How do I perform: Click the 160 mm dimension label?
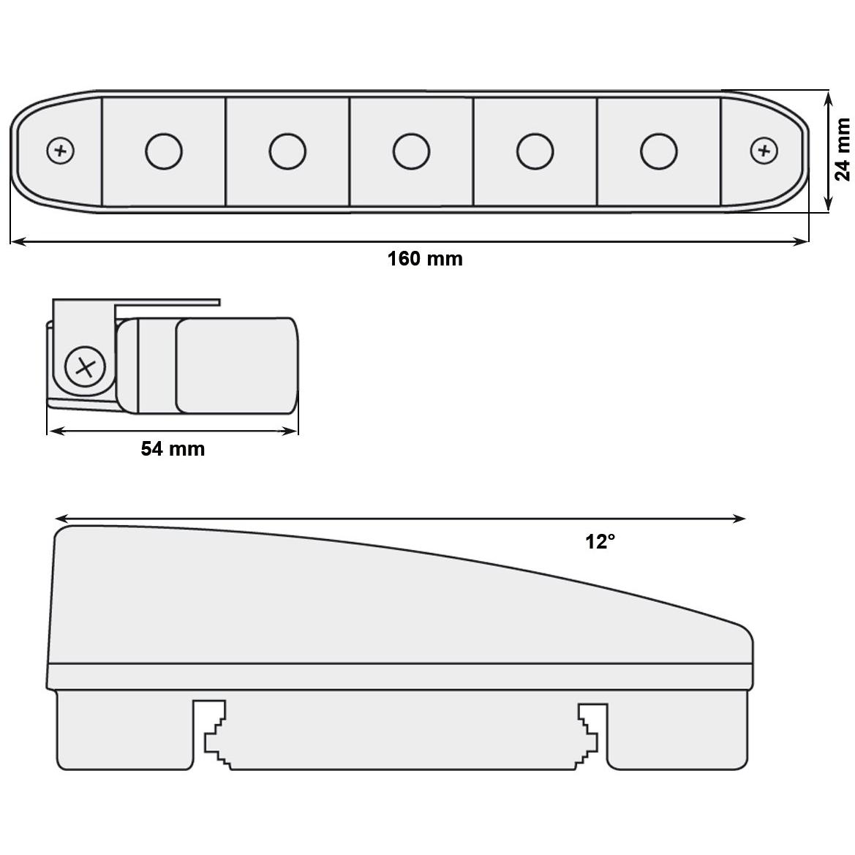click(425, 258)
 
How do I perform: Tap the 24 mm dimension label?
click(843, 149)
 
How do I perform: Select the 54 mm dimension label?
click(173, 449)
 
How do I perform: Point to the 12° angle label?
click(600, 541)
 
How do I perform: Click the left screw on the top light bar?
click(61, 151)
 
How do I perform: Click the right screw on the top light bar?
click(764, 151)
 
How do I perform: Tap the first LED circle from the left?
click(164, 151)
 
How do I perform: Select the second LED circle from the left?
click(287, 151)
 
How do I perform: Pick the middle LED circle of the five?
click(411, 151)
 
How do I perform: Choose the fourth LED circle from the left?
click(535, 151)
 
